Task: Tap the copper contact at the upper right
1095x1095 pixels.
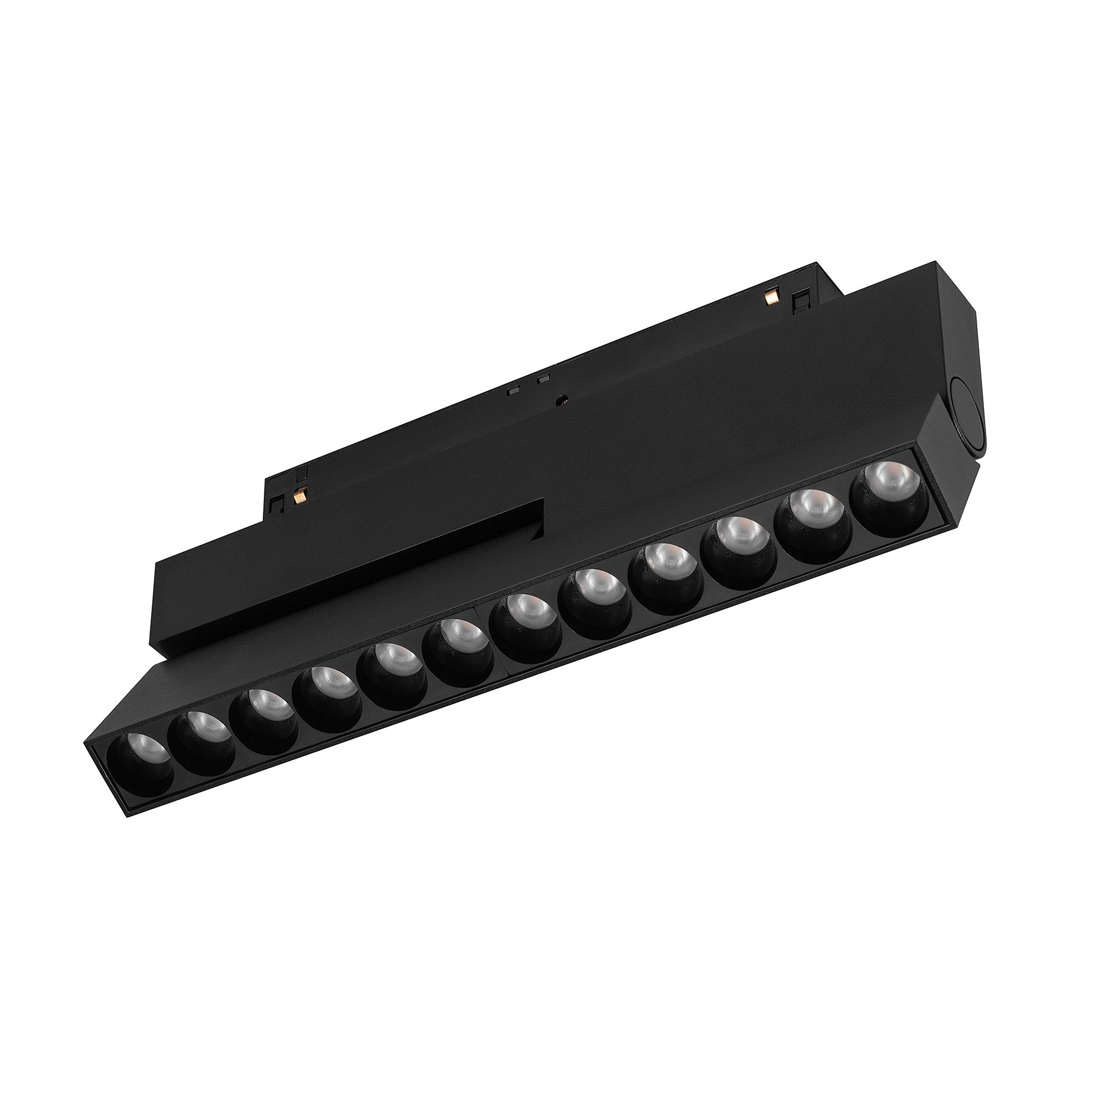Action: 770,297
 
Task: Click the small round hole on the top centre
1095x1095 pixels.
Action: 561,399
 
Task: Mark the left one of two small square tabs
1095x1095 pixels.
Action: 514,390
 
